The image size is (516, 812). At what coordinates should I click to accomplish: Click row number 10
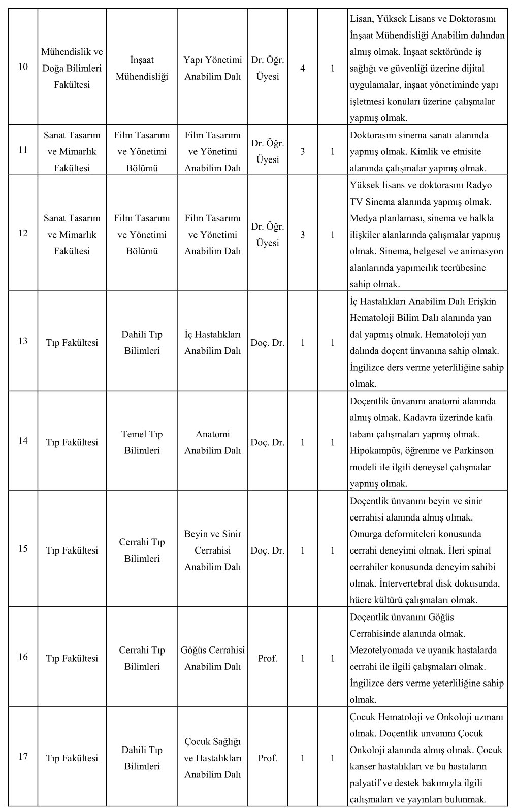(x=23, y=67)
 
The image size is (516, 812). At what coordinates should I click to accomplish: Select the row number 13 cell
(x=23, y=341)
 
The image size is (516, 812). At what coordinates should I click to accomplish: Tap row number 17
(x=23, y=757)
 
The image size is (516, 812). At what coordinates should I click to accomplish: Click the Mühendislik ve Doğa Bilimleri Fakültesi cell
(x=72, y=68)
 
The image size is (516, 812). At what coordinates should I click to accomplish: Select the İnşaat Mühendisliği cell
(x=142, y=68)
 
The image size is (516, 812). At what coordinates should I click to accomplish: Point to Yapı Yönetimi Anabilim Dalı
(x=212, y=68)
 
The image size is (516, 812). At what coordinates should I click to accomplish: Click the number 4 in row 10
(x=303, y=68)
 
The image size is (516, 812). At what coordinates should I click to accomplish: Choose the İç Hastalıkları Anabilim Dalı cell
(x=212, y=342)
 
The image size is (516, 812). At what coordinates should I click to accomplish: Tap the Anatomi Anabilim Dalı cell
(x=212, y=442)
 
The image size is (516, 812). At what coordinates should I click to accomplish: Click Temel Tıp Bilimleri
(x=142, y=442)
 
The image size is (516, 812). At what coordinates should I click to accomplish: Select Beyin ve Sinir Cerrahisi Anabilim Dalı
(x=212, y=550)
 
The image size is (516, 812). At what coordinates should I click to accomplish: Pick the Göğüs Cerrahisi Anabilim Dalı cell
(x=212, y=658)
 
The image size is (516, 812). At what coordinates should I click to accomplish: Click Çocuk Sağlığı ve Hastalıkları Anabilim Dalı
(x=212, y=758)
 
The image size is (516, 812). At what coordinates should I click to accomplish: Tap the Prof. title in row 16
(x=268, y=658)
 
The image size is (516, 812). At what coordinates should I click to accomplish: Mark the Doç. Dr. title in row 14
(x=268, y=442)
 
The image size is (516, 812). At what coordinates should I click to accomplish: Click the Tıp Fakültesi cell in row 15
(x=72, y=550)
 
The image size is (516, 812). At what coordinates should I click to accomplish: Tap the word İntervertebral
(x=383, y=583)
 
